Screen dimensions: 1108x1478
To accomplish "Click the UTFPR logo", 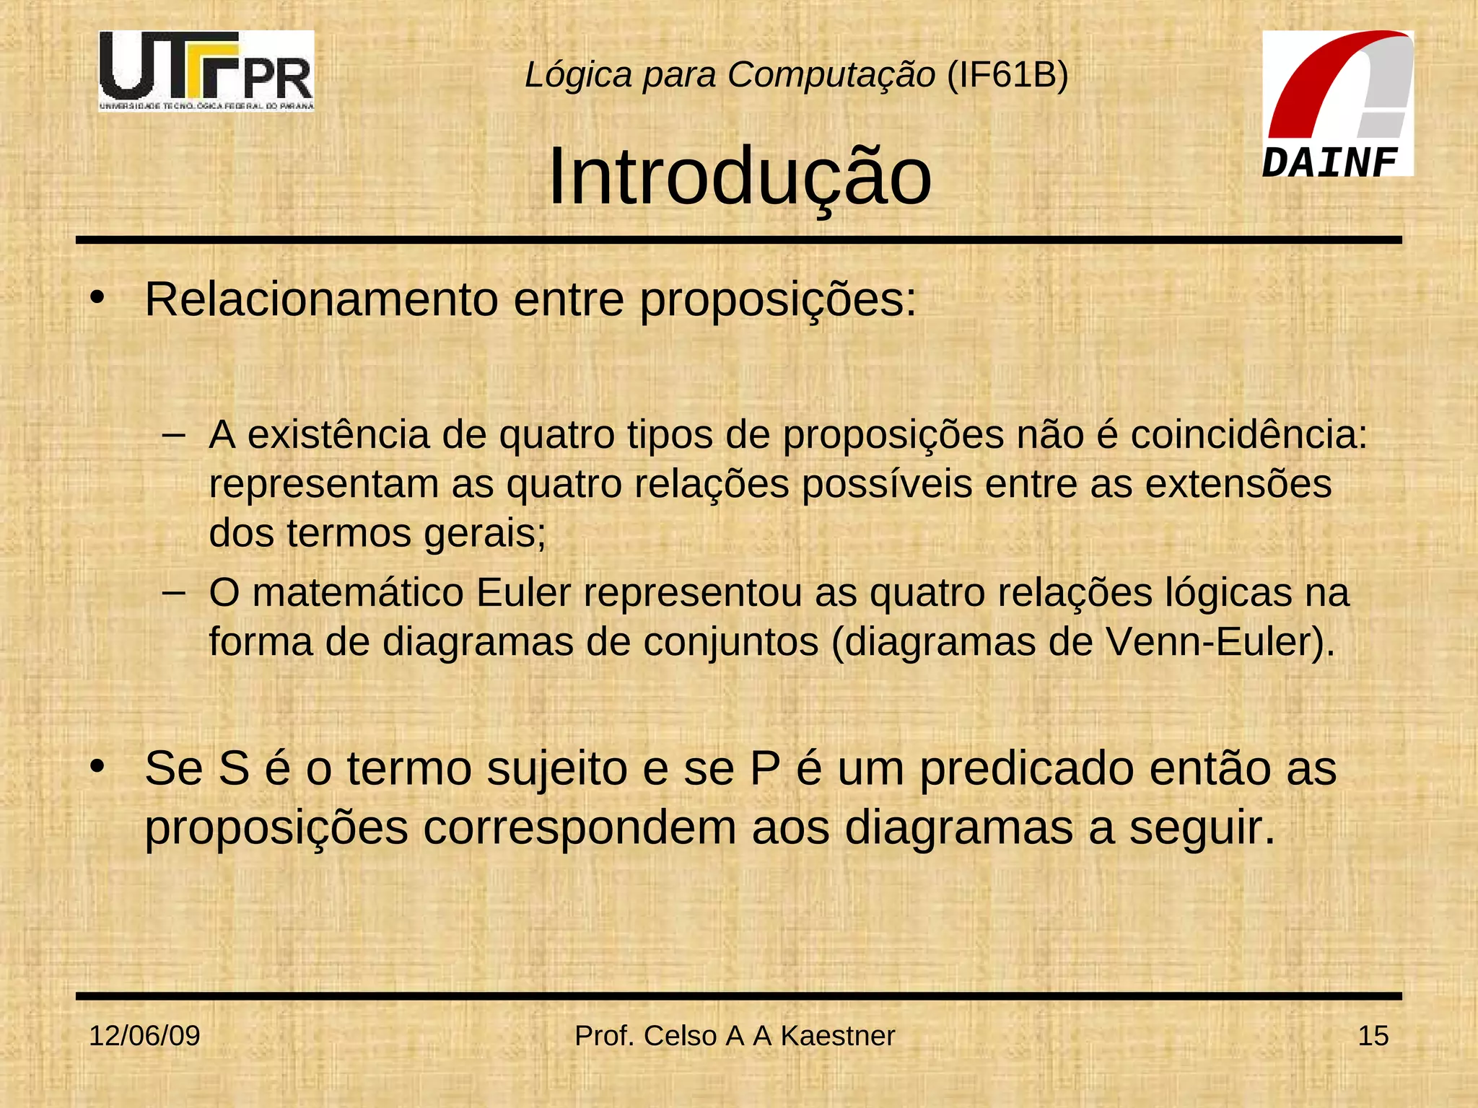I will click(206, 71).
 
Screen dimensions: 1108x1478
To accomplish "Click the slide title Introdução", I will click(740, 177).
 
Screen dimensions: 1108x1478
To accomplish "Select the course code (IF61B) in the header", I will click(1007, 74).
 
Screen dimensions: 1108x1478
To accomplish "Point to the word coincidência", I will click(1248, 435).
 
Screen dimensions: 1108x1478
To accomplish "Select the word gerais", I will click(485, 534).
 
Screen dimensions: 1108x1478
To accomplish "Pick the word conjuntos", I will click(730, 642).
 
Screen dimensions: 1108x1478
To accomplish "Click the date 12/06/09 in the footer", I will click(144, 1036).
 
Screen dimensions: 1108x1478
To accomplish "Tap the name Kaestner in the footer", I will click(837, 1036).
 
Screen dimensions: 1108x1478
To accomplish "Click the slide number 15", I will click(1373, 1036).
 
